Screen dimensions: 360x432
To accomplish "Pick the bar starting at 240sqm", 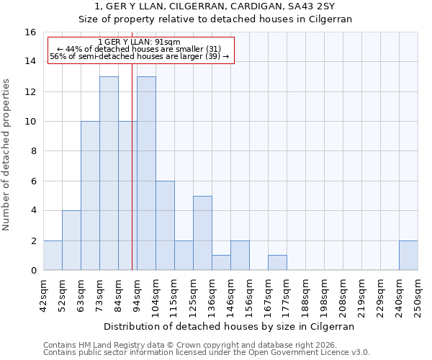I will (408, 256).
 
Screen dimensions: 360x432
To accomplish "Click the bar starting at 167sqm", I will (277, 263).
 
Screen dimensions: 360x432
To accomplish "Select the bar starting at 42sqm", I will (53, 256).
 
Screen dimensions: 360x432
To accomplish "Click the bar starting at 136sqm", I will (221, 263).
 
